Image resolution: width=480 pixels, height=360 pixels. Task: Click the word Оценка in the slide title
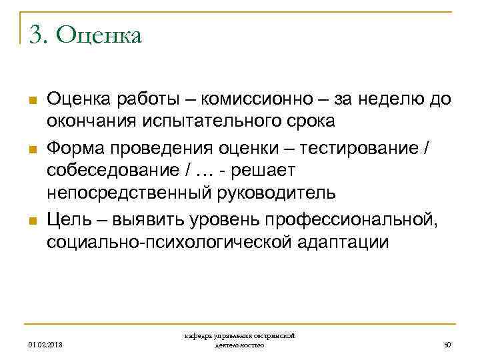pyautogui.click(x=99, y=35)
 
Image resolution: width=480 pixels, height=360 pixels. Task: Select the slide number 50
pyautogui.click(x=447, y=345)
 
